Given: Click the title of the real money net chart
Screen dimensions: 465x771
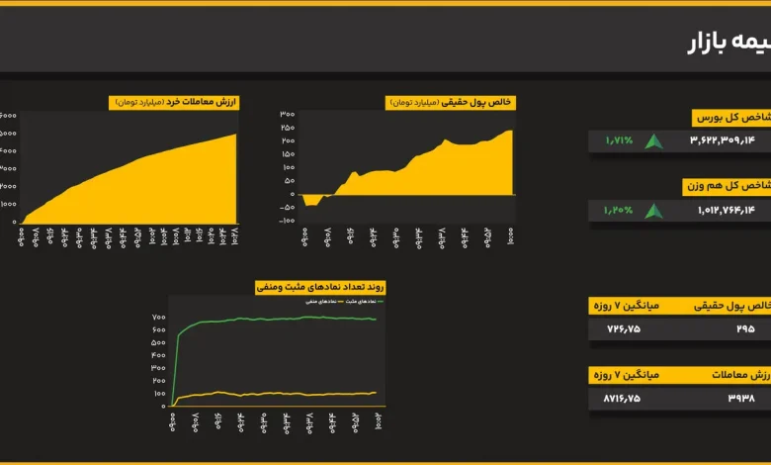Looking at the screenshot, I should click(452, 102).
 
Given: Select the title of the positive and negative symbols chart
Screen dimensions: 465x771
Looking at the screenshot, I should click(320, 287).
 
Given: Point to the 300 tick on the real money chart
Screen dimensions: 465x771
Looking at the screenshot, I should click(288, 114).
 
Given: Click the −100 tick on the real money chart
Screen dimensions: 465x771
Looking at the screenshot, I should click(286, 221).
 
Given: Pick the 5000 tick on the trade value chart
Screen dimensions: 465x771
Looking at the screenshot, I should click(8, 133).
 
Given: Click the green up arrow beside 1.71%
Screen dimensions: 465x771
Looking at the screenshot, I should click(653, 140).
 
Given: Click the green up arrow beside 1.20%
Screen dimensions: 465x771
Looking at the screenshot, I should click(653, 210).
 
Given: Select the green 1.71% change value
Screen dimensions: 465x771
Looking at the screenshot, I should click(619, 140).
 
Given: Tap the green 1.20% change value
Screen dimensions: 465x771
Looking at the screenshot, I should click(619, 210).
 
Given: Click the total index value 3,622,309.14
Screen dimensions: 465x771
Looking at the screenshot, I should click(722, 140).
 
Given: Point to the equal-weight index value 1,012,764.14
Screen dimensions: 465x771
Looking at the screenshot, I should click(726, 210).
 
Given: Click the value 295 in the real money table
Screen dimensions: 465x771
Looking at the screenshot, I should click(744, 328).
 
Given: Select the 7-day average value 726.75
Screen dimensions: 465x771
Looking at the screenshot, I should click(623, 328).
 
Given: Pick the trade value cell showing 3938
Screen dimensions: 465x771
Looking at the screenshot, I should click(741, 398).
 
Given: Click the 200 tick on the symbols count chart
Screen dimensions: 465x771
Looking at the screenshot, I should click(158, 380).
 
